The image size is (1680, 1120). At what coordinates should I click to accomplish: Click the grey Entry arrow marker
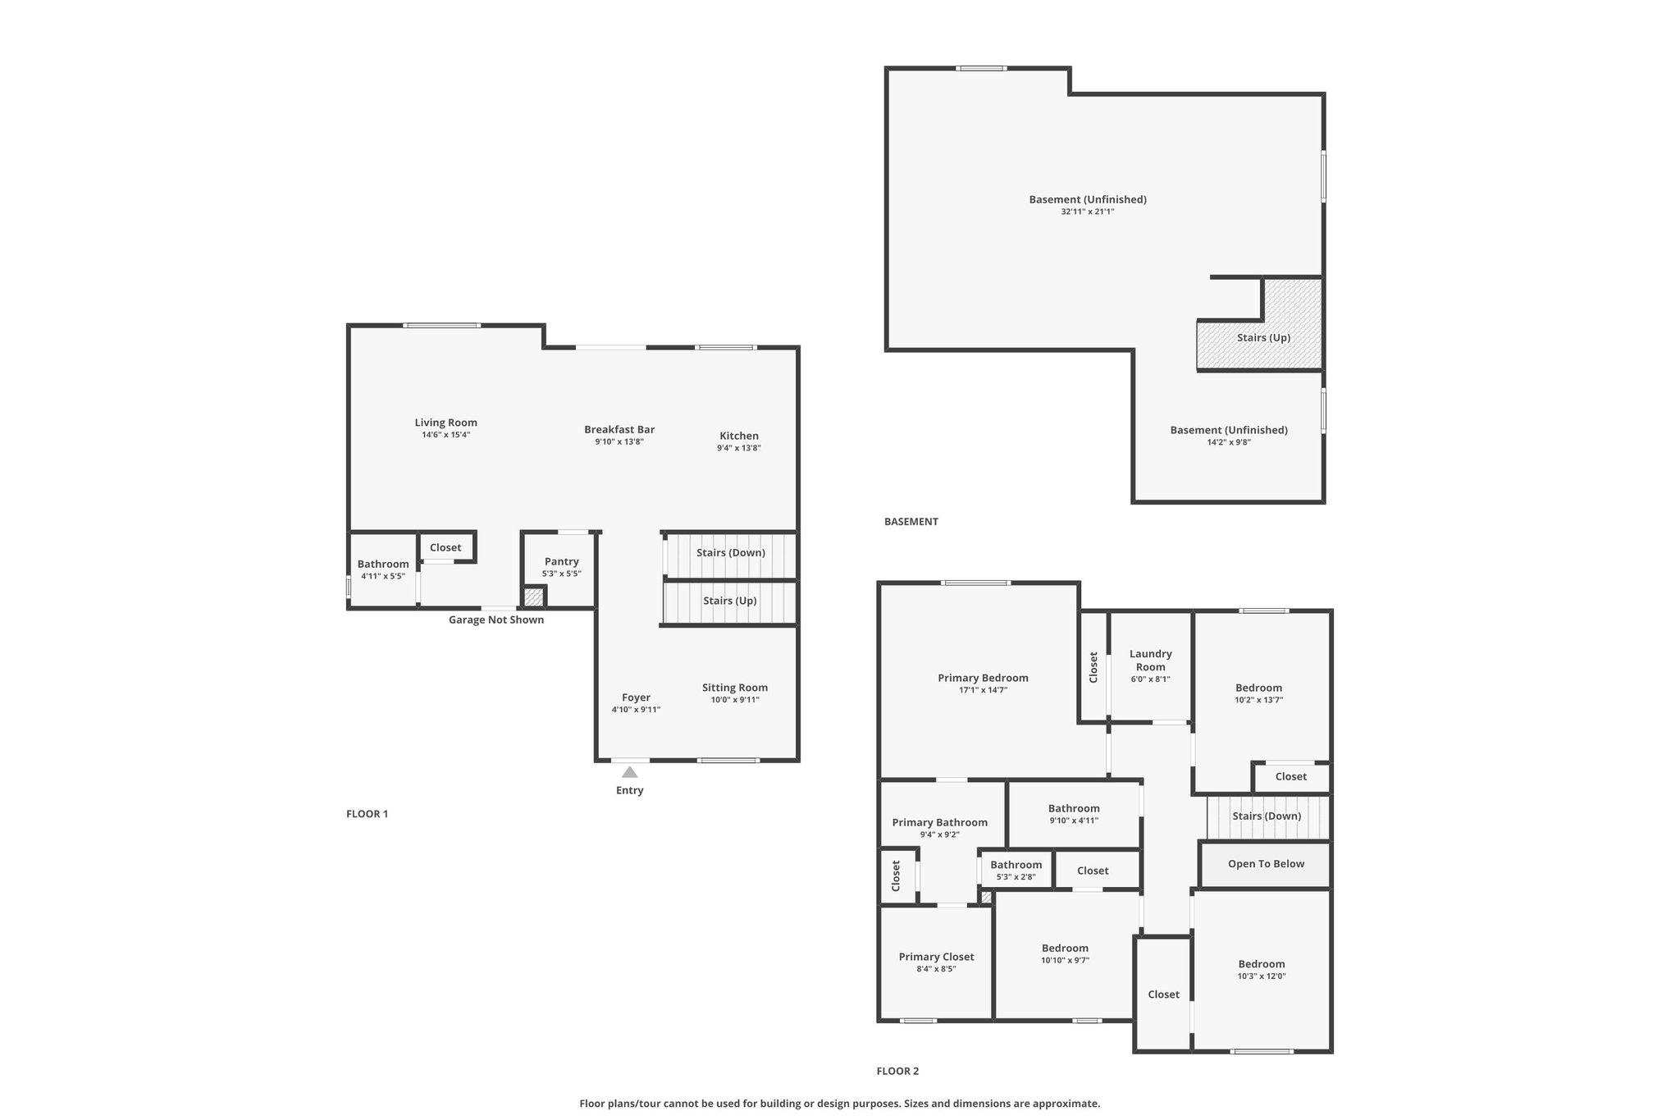[x=629, y=772]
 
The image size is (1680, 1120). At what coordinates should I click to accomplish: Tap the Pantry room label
[x=562, y=562]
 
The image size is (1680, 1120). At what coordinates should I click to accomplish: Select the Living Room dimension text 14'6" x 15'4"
[x=446, y=435]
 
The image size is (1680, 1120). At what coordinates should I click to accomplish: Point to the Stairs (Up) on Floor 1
[x=729, y=602]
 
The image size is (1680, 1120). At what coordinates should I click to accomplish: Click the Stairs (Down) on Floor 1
[x=729, y=554]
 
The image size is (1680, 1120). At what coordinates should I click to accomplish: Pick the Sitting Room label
[x=735, y=688]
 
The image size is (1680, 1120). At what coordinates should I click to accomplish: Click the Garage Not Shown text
[x=496, y=619]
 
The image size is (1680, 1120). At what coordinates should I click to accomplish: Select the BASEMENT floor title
[x=911, y=521]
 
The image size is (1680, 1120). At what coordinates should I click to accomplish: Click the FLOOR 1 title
[x=367, y=814]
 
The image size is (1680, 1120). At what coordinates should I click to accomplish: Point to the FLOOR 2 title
[x=897, y=1071]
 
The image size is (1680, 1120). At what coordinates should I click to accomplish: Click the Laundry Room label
[x=1151, y=661]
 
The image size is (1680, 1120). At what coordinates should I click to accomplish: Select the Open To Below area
[x=1266, y=865]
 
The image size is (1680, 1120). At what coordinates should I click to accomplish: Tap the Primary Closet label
[x=937, y=957]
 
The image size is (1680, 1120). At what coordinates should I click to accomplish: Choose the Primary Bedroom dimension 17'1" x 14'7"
[x=983, y=690]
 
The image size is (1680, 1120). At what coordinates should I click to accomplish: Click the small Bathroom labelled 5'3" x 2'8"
[x=1016, y=870]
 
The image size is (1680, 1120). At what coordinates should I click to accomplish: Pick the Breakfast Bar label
[x=619, y=429]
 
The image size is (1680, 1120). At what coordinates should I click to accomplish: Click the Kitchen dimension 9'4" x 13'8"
[x=739, y=448]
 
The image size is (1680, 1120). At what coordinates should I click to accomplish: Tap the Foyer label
[x=636, y=697]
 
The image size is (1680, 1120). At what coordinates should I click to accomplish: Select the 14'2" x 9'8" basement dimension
[x=1229, y=442]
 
